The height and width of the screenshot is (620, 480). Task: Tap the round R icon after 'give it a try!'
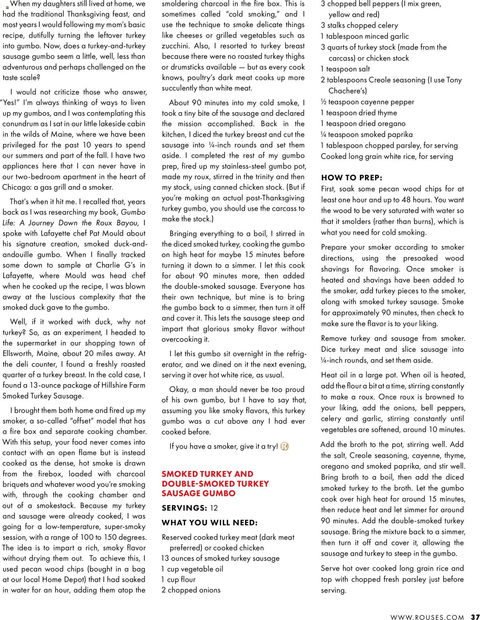284,446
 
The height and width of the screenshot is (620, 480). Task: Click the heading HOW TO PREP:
351,178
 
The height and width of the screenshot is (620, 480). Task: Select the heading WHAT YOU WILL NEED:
210,523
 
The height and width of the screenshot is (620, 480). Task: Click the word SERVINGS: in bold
184,508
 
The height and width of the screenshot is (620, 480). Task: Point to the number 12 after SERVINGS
214,508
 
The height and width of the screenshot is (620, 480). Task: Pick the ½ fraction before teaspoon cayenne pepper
324,102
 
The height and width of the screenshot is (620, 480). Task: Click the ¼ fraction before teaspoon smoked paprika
324,135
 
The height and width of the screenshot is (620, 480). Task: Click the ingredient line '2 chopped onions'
191,590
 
